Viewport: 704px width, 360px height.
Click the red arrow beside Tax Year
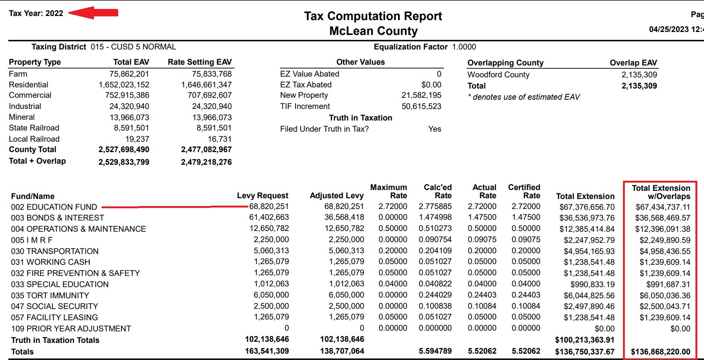tap(93, 13)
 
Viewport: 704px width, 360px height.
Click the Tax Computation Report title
tap(373, 16)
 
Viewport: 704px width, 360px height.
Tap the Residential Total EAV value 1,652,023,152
tap(124, 85)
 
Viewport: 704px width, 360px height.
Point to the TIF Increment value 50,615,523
tap(421, 106)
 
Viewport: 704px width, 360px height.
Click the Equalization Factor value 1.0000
tap(464, 47)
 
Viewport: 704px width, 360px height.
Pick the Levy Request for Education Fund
tap(269, 206)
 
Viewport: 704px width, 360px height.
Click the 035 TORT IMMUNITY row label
tap(50, 295)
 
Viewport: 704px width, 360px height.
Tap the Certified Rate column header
tap(524, 192)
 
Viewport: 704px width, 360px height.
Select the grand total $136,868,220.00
tap(661, 352)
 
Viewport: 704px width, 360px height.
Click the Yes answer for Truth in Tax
tap(435, 129)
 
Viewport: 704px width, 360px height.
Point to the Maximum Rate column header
tap(388, 192)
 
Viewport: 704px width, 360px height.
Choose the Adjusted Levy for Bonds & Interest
tap(344, 217)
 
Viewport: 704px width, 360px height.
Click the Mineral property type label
tap(22, 117)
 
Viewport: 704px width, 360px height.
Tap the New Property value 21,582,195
tap(421, 95)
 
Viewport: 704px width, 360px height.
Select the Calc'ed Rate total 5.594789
tap(435, 351)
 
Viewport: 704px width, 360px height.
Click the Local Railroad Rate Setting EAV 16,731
tap(219, 139)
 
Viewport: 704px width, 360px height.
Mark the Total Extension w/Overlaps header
tap(661, 192)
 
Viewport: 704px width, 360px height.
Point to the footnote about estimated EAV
tap(524, 97)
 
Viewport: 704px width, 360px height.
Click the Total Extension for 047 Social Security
tap(589, 306)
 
